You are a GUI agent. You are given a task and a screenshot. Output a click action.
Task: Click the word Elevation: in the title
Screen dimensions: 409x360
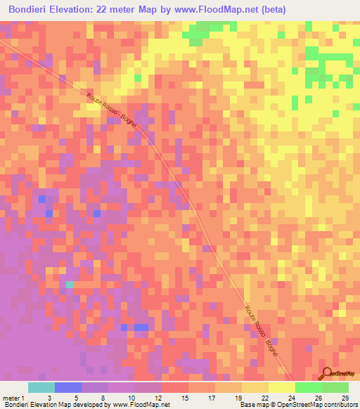[78, 10]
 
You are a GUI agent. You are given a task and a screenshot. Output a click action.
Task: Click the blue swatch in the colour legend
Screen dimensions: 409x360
[67, 387]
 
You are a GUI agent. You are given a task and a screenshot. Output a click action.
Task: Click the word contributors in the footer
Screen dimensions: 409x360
[340, 405]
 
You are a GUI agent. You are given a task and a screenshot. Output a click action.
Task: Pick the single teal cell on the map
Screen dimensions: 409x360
[69, 284]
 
